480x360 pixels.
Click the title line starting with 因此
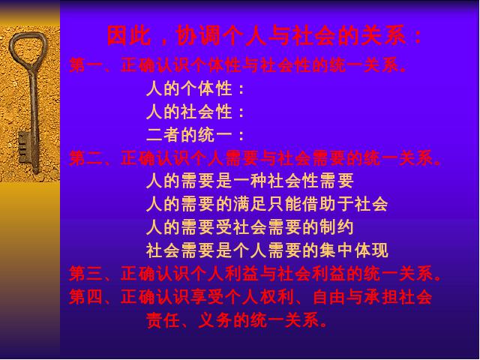point(265,36)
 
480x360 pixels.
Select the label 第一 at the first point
point(85,65)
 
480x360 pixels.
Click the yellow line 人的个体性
point(195,88)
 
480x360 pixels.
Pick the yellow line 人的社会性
point(195,112)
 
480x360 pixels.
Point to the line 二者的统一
point(195,135)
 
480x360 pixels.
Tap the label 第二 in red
point(85,158)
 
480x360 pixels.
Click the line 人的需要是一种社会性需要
point(250,181)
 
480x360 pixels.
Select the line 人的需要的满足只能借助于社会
point(267,204)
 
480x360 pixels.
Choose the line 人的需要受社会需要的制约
point(250,227)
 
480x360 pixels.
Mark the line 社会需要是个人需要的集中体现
point(267,250)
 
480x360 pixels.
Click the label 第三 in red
point(85,273)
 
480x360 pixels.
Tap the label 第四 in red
point(85,297)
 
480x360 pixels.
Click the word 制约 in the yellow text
point(336,227)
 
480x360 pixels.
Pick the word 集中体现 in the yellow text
point(353,250)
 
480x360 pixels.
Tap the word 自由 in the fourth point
point(330,297)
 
